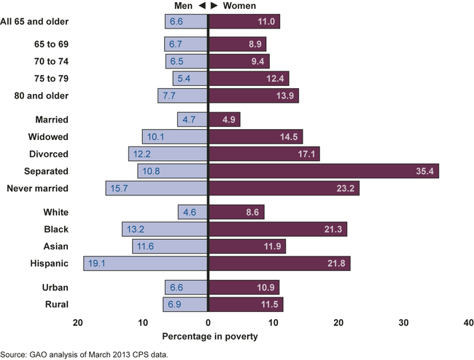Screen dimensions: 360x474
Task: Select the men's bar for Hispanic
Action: point(146,263)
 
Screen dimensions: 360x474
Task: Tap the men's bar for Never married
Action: point(157,189)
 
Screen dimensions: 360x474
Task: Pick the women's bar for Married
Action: point(225,120)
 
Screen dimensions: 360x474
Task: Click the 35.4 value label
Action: point(423,171)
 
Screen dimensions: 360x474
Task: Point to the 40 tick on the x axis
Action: point(467,322)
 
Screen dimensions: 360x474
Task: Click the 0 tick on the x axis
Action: point(209,322)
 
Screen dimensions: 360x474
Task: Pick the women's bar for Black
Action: point(278,229)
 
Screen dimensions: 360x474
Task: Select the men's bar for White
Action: point(193,212)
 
